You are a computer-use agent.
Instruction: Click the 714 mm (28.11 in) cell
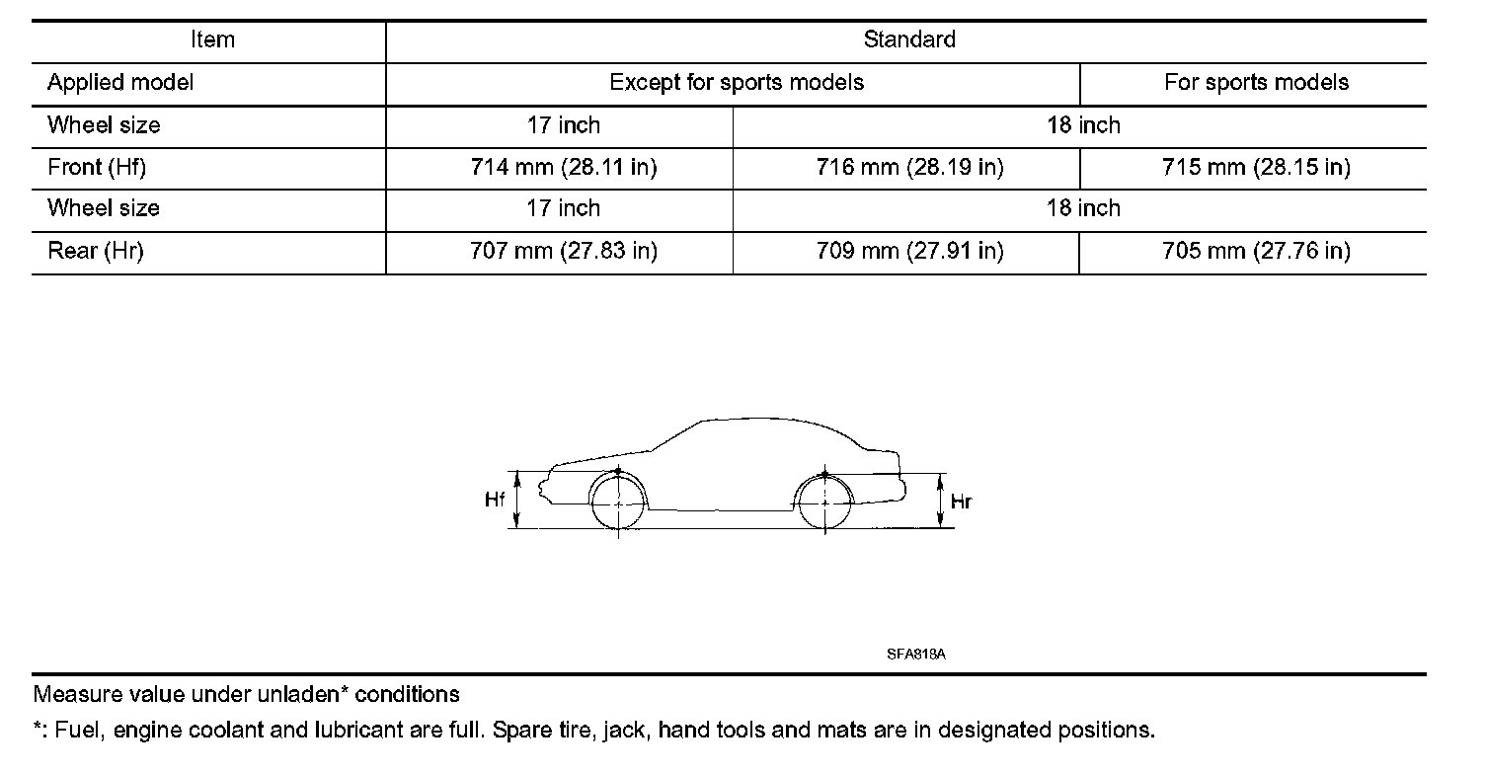coord(564,168)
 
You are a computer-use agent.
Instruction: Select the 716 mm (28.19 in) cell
coord(909,168)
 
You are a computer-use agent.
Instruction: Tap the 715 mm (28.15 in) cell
coord(1256,168)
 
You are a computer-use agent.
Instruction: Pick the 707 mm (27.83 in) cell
coord(564,251)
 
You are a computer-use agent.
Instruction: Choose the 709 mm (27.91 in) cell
coord(909,251)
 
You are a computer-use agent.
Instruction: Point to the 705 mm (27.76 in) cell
coord(1256,251)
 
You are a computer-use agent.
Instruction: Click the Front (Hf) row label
coord(97,168)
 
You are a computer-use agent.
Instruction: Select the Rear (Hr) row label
coord(96,251)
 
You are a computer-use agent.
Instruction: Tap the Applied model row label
coord(120,83)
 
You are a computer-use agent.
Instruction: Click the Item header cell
coord(212,40)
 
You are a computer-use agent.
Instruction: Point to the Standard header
coord(909,40)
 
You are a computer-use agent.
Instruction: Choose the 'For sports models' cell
coord(1256,83)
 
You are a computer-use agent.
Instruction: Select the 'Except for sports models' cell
coord(737,83)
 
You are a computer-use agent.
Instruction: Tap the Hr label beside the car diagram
coord(961,502)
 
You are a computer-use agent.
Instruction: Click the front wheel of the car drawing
coord(618,503)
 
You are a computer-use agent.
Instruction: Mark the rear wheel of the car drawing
coord(824,503)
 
